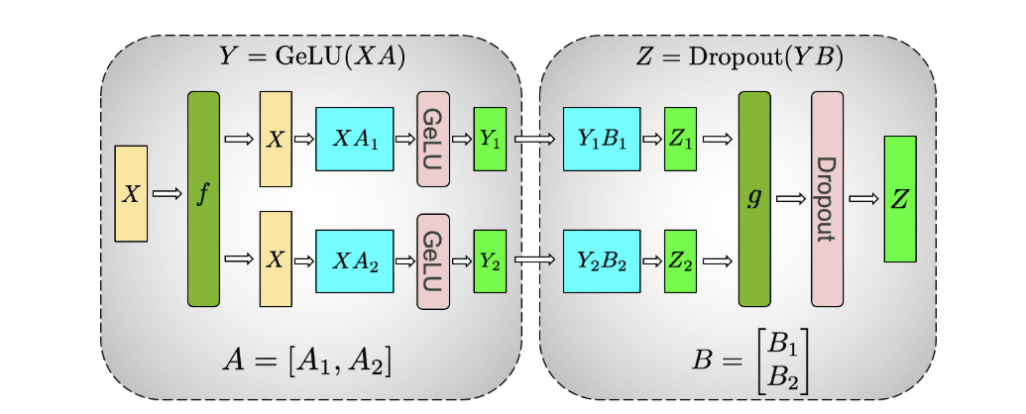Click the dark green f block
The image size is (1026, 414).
(203, 198)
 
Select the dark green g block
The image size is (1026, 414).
(754, 198)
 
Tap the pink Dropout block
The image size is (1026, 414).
(827, 198)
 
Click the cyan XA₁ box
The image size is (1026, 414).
(354, 139)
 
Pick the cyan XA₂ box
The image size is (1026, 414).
(354, 260)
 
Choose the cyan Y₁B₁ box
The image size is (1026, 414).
(601, 139)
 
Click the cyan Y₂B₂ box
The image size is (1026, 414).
(601, 260)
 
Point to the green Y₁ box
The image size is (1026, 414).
(490, 139)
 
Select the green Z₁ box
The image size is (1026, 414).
(680, 139)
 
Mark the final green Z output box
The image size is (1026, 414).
(899, 198)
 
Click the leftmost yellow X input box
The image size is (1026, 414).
(131, 193)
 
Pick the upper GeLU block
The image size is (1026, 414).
(433, 139)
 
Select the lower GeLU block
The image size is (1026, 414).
(433, 260)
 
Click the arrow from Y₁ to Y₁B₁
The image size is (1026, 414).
(535, 139)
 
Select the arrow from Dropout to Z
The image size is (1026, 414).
(863, 199)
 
